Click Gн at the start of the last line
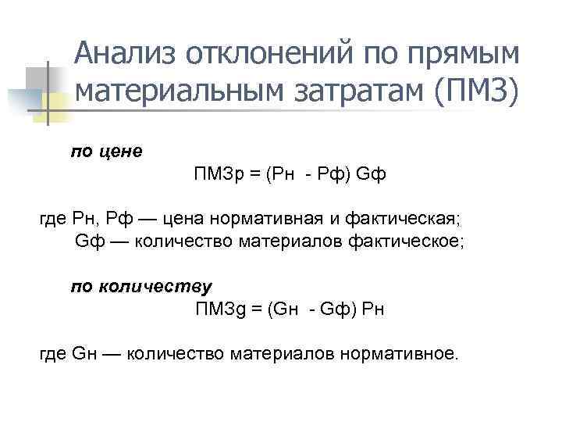[x=84, y=353]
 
